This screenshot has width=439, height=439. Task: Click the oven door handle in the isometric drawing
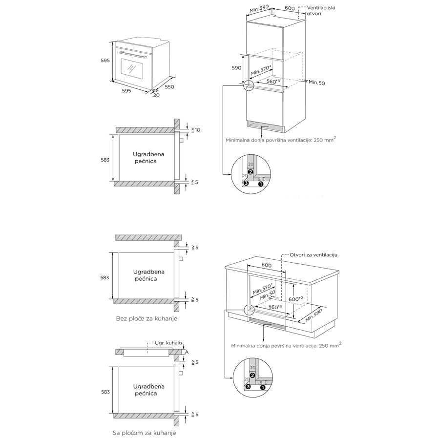pos(131,54)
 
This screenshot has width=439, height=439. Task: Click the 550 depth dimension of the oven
pos(169,87)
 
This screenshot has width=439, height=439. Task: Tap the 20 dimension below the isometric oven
pos(156,95)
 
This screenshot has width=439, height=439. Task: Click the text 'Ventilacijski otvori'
pos(321,10)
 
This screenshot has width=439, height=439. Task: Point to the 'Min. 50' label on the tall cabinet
pos(316,83)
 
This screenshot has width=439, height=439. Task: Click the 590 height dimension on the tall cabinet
pos(236,68)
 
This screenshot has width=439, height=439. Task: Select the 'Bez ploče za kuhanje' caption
pos(146,318)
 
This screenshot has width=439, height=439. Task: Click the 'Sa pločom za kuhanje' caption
pos(144,433)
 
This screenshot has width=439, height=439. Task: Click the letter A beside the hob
pos(187,352)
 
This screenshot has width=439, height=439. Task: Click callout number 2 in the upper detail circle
pos(251,172)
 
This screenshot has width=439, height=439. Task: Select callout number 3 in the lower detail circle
pos(248,387)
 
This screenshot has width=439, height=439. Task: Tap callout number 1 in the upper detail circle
pos(261,184)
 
